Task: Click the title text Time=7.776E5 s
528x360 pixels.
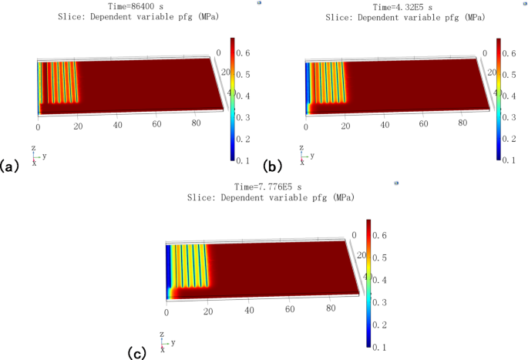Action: [270, 187]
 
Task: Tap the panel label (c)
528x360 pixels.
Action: [136, 352]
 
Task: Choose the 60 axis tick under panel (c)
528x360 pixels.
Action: [291, 309]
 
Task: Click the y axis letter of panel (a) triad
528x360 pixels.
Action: [44, 156]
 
